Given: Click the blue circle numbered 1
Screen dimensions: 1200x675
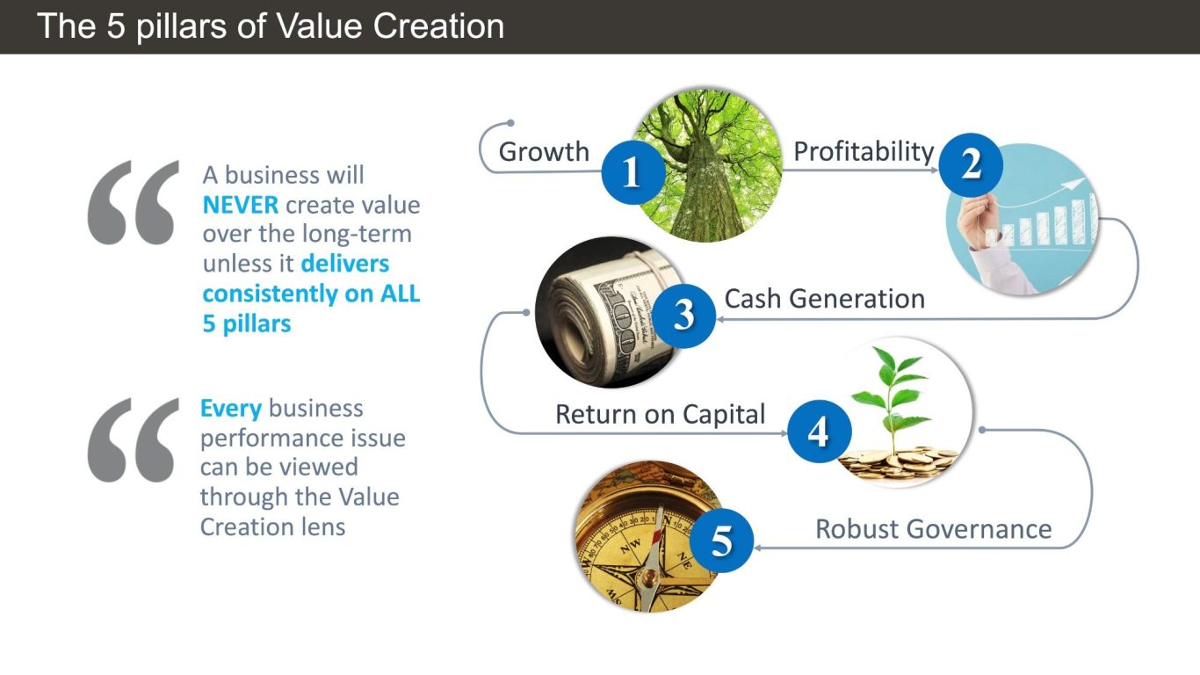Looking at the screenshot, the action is [633, 172].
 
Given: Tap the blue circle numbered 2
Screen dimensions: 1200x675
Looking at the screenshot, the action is [971, 164].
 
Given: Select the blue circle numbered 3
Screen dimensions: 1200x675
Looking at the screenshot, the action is [683, 316].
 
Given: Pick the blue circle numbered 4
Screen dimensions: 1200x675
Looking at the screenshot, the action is [819, 431].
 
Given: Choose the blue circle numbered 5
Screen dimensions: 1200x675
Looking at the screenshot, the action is [721, 541].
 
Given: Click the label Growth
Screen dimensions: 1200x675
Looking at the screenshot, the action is [544, 152].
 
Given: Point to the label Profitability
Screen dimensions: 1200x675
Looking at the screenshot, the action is [864, 152].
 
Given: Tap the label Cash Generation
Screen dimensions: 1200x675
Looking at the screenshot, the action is [825, 299].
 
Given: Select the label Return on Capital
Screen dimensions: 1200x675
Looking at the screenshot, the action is [660, 415].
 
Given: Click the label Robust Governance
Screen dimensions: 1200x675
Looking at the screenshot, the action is [933, 529].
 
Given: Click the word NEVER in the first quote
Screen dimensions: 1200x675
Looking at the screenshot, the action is [241, 205].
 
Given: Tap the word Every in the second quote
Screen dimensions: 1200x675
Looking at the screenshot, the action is [231, 409].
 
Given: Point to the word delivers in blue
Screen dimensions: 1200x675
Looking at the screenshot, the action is [345, 264].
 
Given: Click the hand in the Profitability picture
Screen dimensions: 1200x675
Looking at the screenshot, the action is [978, 221].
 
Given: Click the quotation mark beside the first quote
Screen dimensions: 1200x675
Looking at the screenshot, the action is [133, 203].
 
